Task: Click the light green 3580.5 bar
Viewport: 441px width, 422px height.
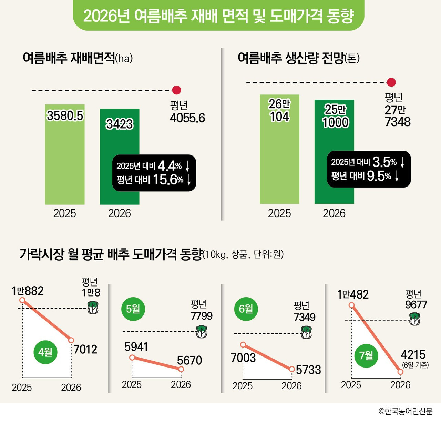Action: pyautogui.click(x=65, y=154)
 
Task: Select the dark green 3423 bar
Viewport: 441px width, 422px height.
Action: pyautogui.click(x=120, y=157)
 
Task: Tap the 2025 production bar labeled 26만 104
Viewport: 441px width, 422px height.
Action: pyautogui.click(x=279, y=149)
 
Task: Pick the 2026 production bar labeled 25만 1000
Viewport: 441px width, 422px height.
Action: pyautogui.click(x=334, y=152)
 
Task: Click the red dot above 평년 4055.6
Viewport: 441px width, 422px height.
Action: pyautogui.click(x=176, y=90)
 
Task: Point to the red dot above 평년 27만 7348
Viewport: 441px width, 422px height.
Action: pyautogui.click(x=391, y=82)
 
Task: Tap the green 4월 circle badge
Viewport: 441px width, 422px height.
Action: pyautogui.click(x=45, y=352)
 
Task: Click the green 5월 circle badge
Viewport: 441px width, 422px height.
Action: pyautogui.click(x=133, y=309)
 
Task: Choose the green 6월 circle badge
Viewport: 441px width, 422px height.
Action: pyautogui.click(x=246, y=309)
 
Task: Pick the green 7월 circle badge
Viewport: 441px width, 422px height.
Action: pyautogui.click(x=366, y=355)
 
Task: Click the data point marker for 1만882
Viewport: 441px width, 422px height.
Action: pyautogui.click(x=22, y=300)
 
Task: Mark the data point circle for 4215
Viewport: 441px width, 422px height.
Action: pyautogui.click(x=400, y=372)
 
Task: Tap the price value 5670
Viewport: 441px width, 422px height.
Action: pyautogui.click(x=189, y=360)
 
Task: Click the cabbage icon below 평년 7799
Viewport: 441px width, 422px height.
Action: pyautogui.click(x=202, y=332)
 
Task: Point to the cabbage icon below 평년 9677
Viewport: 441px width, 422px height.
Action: pyautogui.click(x=414, y=319)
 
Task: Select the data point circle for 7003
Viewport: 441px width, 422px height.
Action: pyautogui.click(x=243, y=345)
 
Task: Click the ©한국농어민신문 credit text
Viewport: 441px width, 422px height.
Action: pyautogui.click(x=405, y=411)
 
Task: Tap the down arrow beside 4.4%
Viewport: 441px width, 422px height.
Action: pyautogui.click(x=187, y=167)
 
